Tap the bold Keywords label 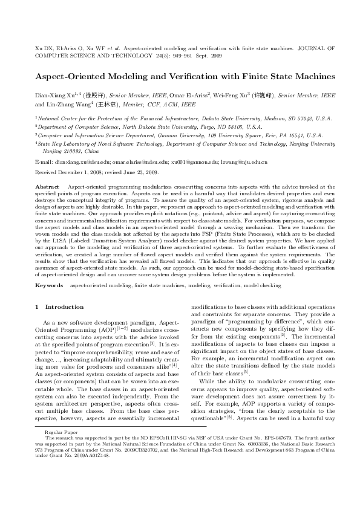coord(50,284)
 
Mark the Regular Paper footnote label coord(59,450)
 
